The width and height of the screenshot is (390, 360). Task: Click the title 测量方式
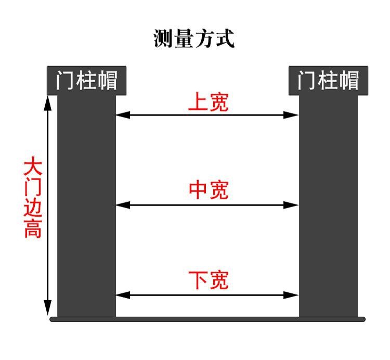[x=194, y=38]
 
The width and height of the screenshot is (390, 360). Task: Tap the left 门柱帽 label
[x=86, y=81]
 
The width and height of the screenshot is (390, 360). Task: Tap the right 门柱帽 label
[x=328, y=81]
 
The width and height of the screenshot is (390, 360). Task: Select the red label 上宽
[x=208, y=102]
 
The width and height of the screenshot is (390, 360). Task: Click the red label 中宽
[x=208, y=191]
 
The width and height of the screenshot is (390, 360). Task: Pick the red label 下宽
[x=208, y=281]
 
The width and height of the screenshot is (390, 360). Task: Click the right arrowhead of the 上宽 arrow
[x=292, y=115]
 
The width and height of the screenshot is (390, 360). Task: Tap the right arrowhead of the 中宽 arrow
[x=292, y=205]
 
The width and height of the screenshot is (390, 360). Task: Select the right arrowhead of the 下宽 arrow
[x=292, y=295]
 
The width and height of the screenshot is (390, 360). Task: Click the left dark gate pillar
[x=86, y=208]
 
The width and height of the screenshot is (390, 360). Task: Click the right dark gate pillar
[x=328, y=208]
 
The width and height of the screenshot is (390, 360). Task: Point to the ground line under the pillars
[x=208, y=319]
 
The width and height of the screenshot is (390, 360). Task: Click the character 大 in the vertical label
[x=33, y=168]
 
